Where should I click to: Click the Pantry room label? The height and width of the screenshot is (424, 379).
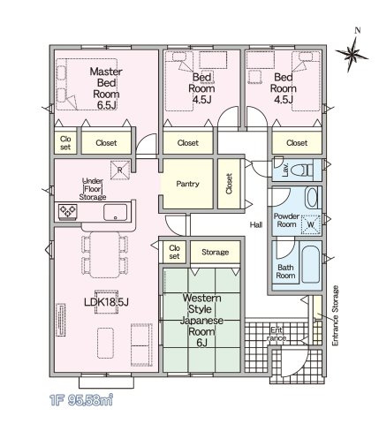[187, 184]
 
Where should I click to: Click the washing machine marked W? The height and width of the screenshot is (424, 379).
[310, 224]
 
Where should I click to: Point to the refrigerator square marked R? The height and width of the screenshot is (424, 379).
[120, 170]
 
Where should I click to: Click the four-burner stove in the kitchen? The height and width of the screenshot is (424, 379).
[68, 211]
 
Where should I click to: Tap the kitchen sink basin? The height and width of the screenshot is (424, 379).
[115, 212]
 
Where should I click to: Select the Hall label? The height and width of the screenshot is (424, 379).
[256, 225]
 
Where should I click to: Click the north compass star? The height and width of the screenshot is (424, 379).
[352, 55]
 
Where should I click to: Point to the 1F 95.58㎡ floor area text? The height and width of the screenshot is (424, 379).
[81, 400]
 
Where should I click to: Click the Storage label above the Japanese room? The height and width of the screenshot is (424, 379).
[215, 252]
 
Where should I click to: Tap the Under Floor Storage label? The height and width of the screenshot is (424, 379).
[93, 189]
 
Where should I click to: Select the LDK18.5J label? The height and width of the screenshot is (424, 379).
[106, 302]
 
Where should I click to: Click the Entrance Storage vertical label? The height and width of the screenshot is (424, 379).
[335, 315]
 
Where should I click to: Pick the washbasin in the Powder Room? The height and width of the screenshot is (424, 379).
[312, 198]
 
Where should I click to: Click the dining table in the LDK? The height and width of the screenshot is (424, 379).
[105, 255]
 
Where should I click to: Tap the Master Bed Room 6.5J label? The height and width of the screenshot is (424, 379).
[106, 88]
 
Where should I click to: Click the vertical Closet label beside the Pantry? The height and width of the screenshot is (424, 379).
[229, 184]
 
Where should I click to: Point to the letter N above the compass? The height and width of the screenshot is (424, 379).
[358, 30]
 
